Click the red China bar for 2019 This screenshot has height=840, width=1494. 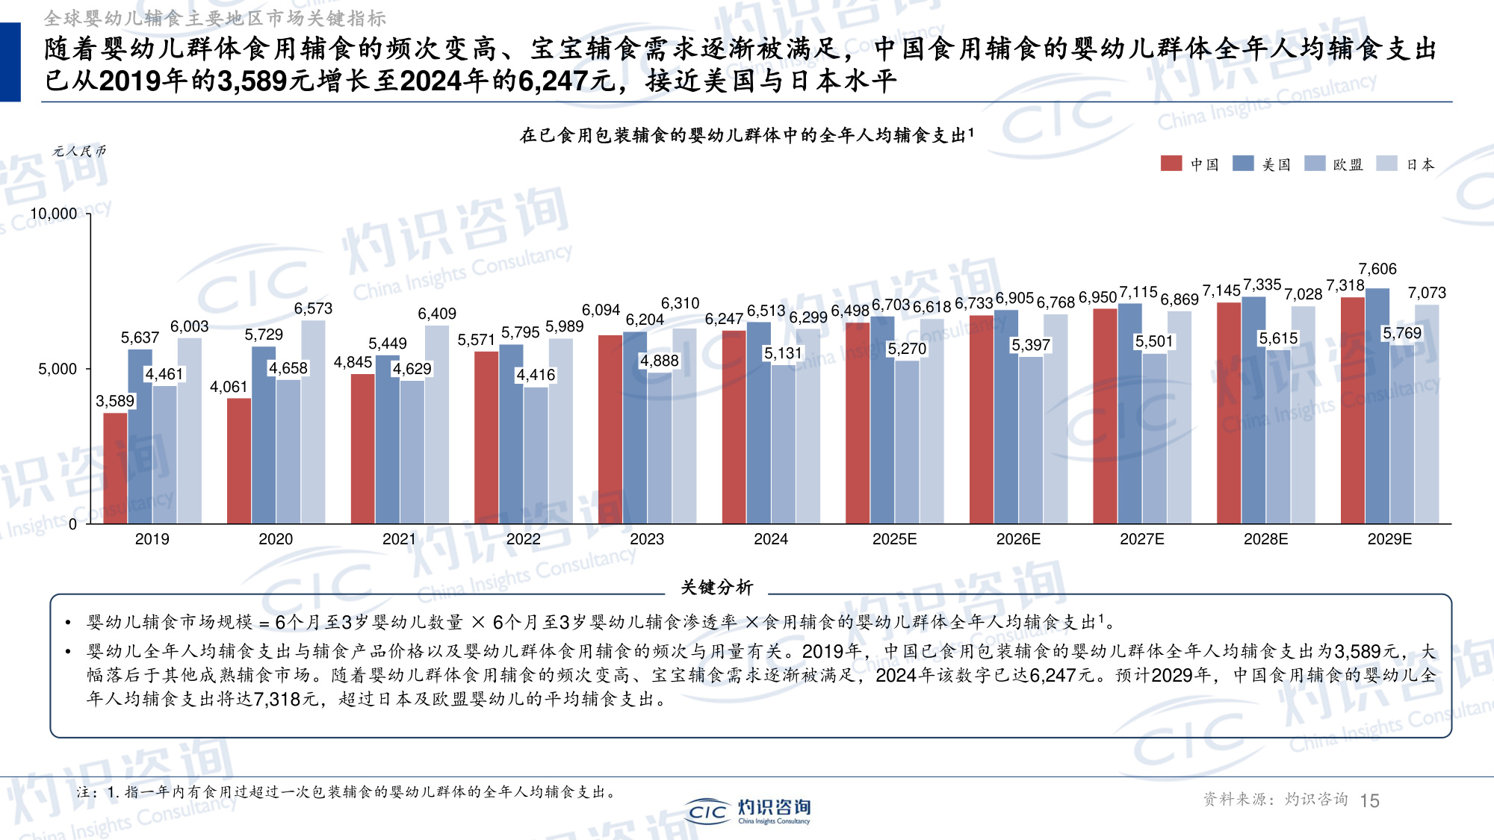coord(115,468)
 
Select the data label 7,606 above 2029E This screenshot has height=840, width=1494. coord(1377,269)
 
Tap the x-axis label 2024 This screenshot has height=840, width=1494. coord(770,539)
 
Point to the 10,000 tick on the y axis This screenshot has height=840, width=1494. coord(54,214)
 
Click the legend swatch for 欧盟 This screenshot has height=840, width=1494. coord(1314,164)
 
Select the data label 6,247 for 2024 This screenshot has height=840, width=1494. coord(724,319)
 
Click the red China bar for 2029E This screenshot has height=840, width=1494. coord(1352,411)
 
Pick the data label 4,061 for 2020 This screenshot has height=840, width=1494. coord(228,387)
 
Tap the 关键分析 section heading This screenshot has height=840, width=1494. coord(716,588)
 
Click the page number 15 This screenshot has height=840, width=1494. coord(1369,800)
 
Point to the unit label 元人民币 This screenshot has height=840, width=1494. coord(79,151)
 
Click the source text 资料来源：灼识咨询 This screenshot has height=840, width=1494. coord(1274,800)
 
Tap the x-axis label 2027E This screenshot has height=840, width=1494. coord(1141,539)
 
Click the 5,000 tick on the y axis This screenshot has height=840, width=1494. coord(58,369)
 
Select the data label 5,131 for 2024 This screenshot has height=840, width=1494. coord(782,353)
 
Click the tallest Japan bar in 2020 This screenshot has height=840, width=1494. coord(313,422)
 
